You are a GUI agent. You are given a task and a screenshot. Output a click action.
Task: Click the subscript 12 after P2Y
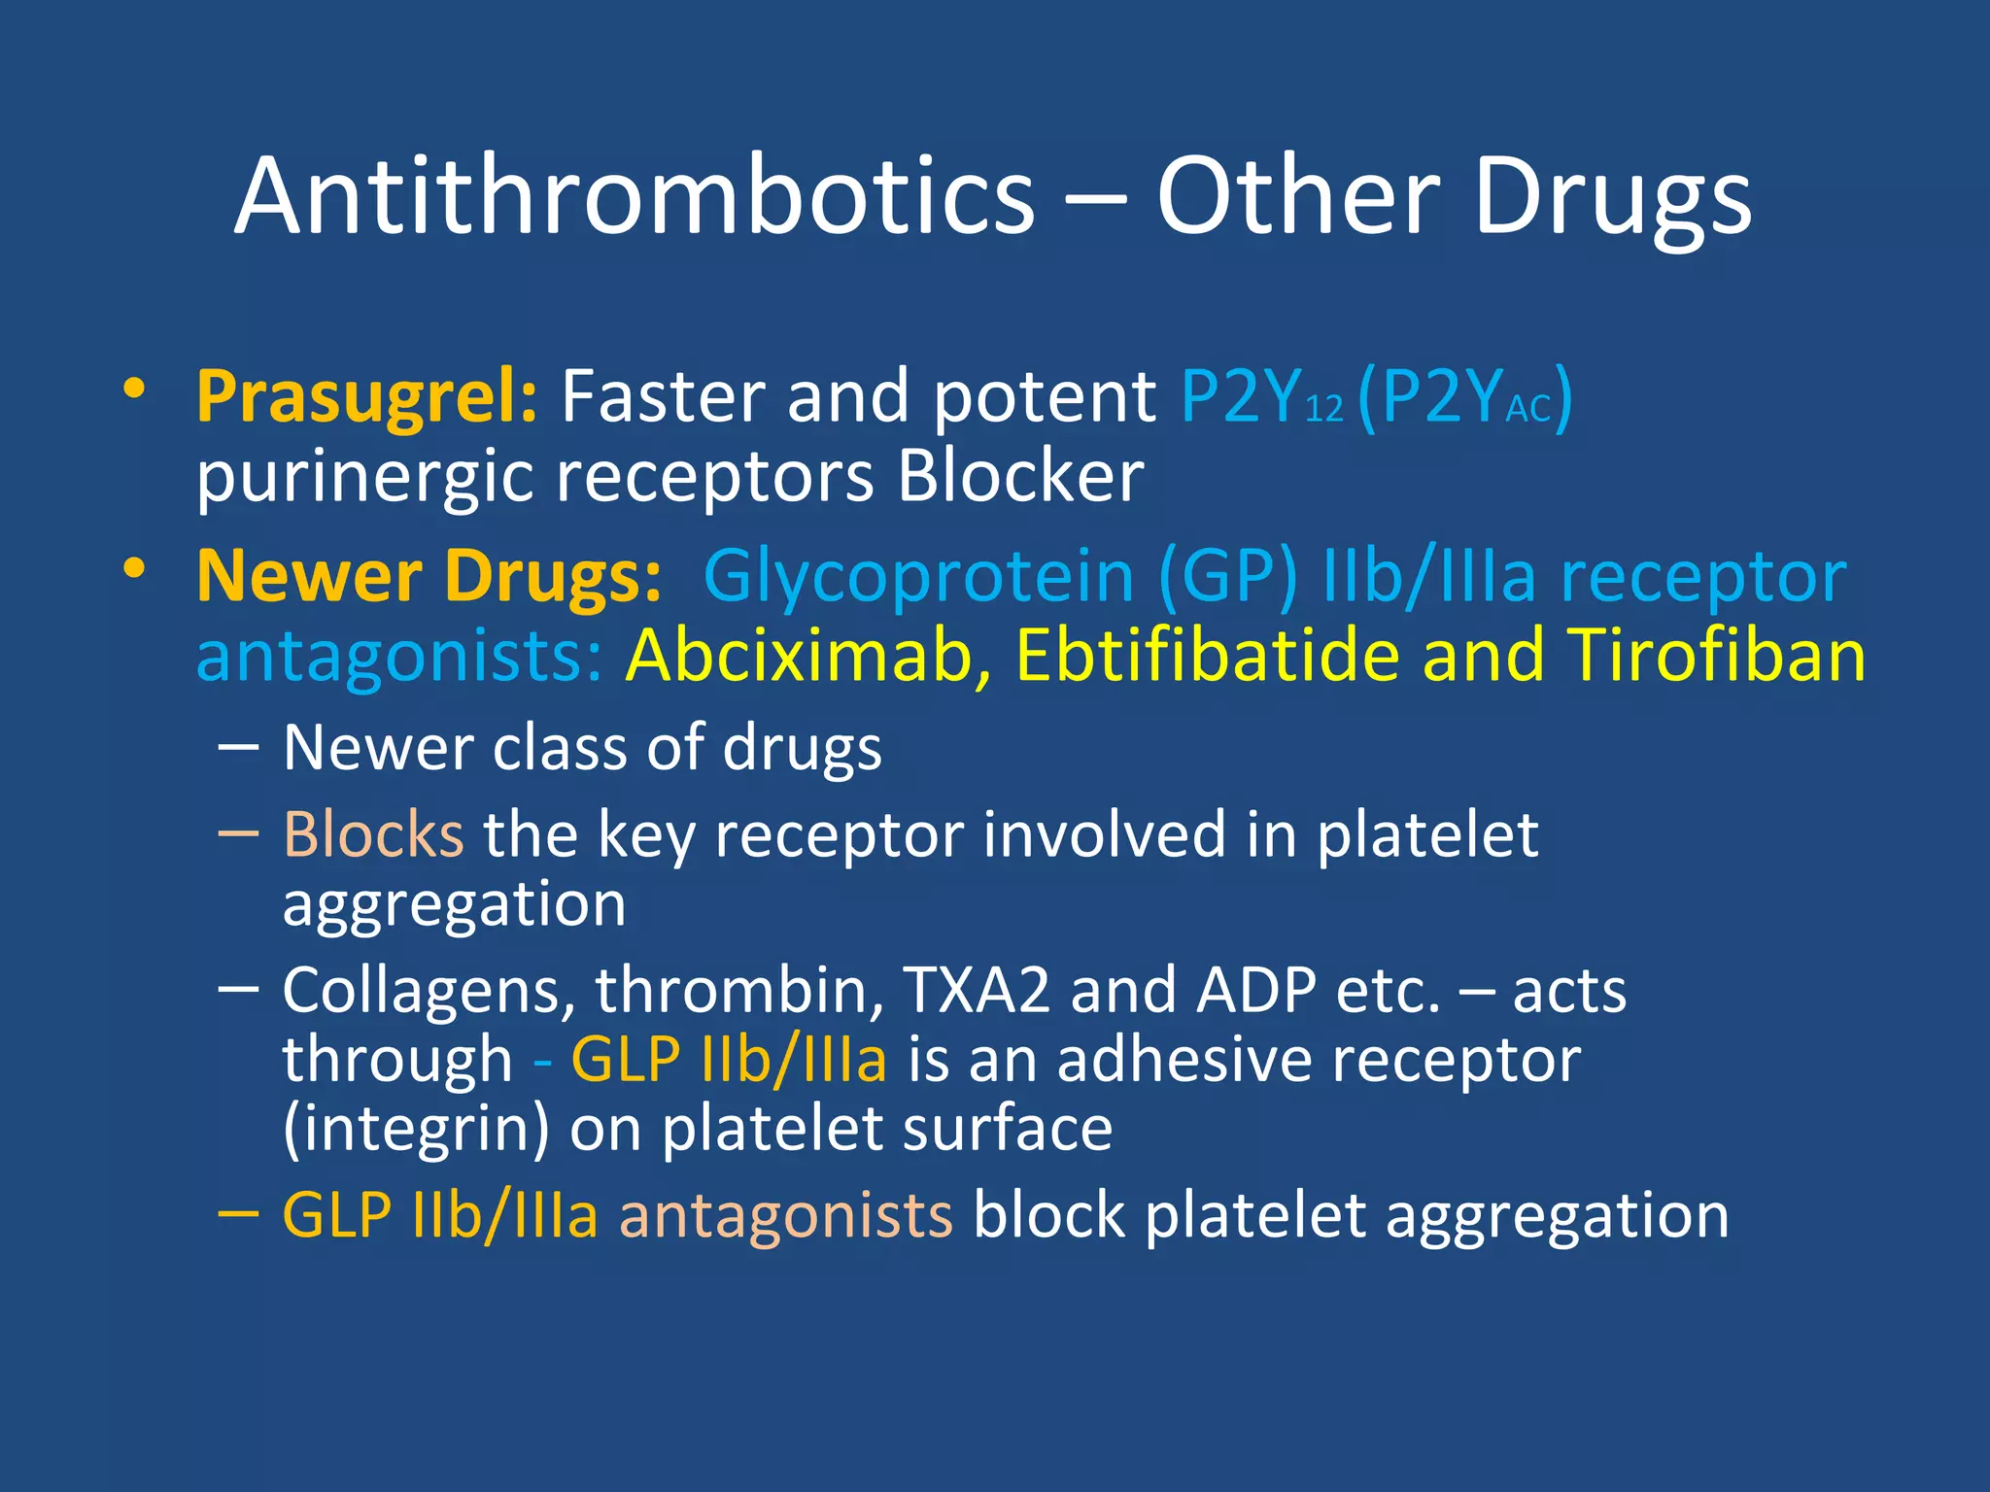coord(1323,409)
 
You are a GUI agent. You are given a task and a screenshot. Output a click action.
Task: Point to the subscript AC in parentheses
coord(1527,409)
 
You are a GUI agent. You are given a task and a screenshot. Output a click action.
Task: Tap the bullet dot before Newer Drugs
coord(134,567)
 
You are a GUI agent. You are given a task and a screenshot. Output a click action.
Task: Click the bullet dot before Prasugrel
coord(134,389)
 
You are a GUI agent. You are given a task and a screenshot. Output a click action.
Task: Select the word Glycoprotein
coord(918,577)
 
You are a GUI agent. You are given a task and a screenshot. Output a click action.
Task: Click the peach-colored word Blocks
coord(373,834)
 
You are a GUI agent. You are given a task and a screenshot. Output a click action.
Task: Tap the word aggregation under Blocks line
coord(454,904)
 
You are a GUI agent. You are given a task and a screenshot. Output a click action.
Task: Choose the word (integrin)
coord(415,1129)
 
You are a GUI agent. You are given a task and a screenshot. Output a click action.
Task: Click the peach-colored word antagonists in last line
coord(785,1215)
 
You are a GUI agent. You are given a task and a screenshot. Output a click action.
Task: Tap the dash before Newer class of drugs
coord(238,747)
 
